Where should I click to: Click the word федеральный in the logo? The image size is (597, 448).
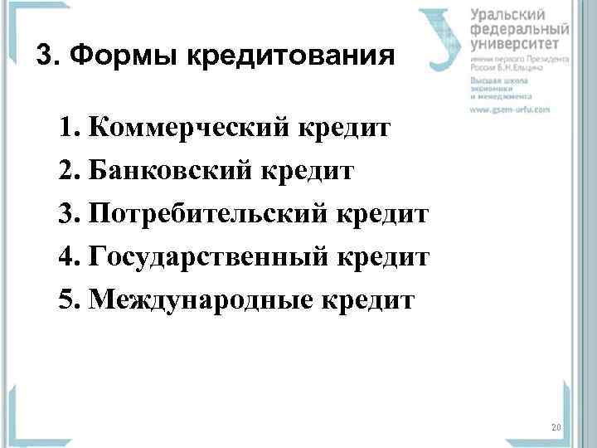(x=515, y=28)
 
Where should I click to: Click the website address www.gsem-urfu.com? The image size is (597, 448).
(x=510, y=110)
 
